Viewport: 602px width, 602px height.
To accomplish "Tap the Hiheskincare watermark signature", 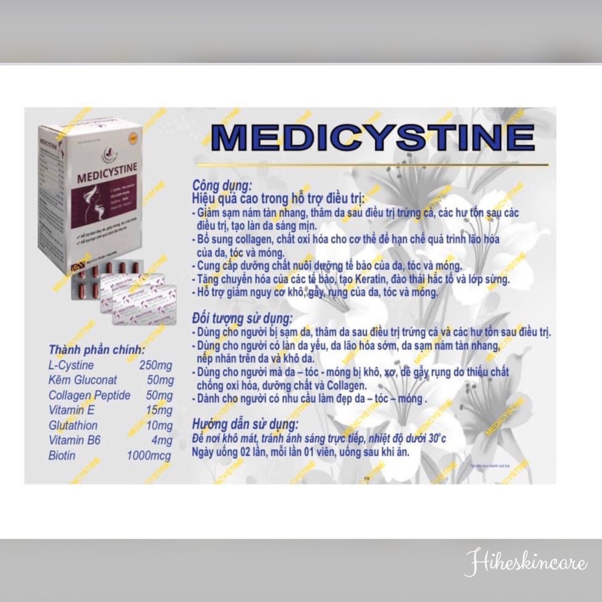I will (526, 564).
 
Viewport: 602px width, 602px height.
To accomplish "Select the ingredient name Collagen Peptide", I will (89, 396).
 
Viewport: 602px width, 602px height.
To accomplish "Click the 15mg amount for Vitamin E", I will (159, 410).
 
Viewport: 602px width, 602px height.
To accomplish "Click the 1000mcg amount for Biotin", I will (149, 456).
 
